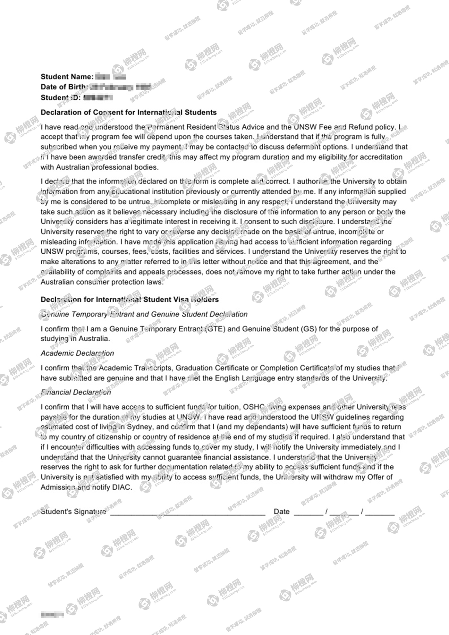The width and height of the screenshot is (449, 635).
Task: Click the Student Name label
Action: click(x=67, y=77)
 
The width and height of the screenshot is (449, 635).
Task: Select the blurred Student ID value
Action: click(x=98, y=97)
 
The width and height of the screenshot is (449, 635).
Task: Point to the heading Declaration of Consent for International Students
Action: click(x=129, y=112)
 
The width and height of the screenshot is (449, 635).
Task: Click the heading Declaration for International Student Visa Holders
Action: click(x=130, y=300)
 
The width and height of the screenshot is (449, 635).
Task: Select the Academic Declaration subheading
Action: click(x=77, y=353)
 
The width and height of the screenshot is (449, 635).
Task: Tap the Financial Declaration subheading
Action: click(x=76, y=392)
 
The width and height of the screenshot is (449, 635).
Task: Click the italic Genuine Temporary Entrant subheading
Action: click(x=144, y=314)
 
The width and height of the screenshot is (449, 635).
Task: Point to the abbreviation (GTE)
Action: click(x=215, y=329)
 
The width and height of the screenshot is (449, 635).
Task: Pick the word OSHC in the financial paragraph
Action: click(x=253, y=407)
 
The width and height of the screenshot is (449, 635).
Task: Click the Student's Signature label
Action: click(x=73, y=512)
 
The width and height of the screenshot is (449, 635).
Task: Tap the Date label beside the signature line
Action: click(x=282, y=512)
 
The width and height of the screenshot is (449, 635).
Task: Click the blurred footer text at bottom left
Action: click(x=52, y=615)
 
